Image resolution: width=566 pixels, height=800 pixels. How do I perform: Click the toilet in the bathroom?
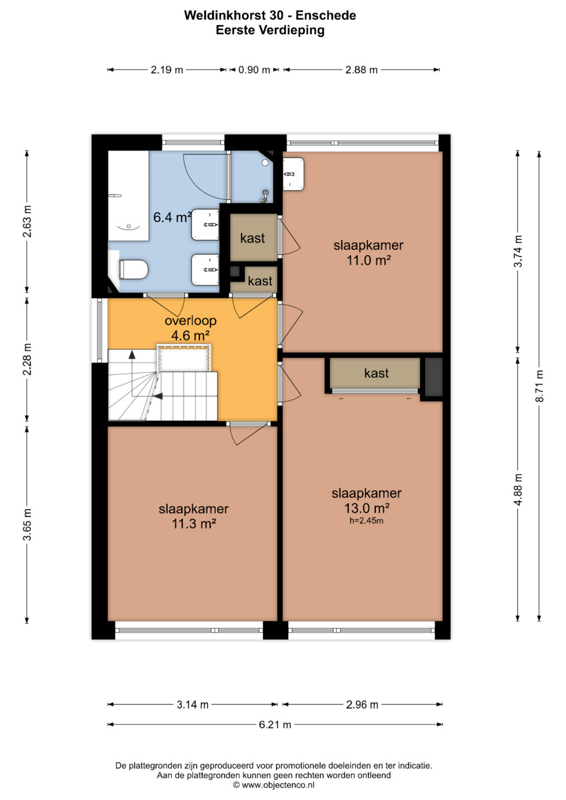(x=133, y=269)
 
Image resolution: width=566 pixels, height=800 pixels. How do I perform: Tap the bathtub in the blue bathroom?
(x=128, y=196)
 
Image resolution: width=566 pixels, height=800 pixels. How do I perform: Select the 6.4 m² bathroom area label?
(x=172, y=217)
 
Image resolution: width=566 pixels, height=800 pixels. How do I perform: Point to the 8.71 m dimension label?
(x=539, y=386)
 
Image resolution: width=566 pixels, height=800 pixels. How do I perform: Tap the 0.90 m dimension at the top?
(x=254, y=70)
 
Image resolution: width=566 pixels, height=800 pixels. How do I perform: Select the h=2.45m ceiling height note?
(x=366, y=521)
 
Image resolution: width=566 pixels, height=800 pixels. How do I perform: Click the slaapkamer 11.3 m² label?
(x=194, y=517)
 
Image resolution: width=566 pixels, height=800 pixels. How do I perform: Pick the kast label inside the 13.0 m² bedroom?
(x=376, y=373)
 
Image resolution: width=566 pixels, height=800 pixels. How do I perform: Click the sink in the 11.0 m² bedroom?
(x=293, y=174)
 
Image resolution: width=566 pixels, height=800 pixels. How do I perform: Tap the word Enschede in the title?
(x=326, y=15)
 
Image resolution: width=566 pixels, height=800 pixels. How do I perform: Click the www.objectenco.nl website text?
(x=278, y=785)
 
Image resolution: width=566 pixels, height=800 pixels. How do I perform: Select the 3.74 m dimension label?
(x=518, y=251)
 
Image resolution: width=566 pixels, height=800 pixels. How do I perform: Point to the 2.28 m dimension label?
(x=27, y=359)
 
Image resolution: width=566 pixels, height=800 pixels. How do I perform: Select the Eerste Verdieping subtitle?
(x=270, y=30)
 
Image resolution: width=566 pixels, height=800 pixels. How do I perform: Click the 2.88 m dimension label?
(x=361, y=70)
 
